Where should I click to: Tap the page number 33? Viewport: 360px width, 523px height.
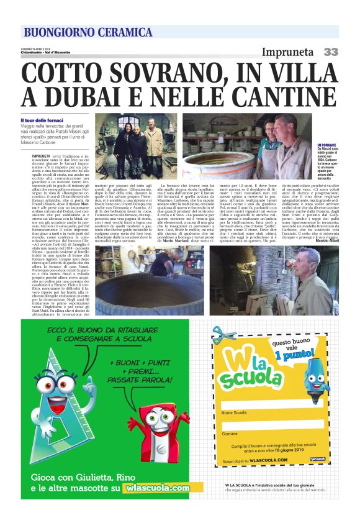click(x=330, y=52)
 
